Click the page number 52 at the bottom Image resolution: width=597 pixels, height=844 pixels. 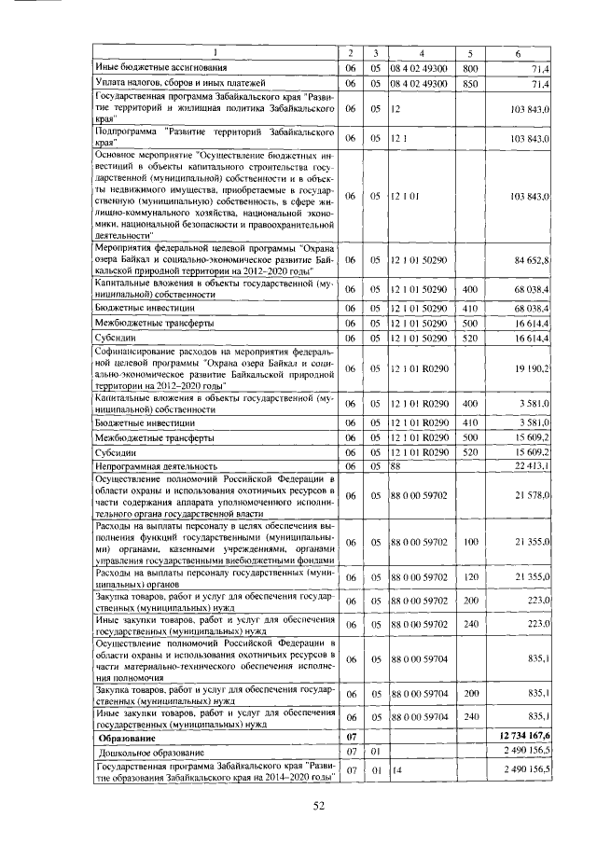click(318, 807)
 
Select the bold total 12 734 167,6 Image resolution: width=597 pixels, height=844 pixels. click(527, 736)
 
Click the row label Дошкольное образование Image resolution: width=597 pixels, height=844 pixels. click(149, 751)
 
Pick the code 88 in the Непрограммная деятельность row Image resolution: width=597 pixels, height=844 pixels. click(396, 465)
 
